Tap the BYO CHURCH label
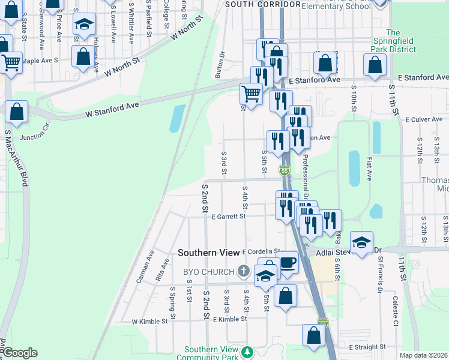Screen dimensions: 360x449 point(208,272)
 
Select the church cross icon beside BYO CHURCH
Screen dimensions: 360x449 point(244,272)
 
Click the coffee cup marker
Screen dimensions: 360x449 point(287,263)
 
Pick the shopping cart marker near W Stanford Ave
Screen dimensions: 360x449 point(251,94)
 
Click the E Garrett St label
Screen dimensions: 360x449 point(228,217)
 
